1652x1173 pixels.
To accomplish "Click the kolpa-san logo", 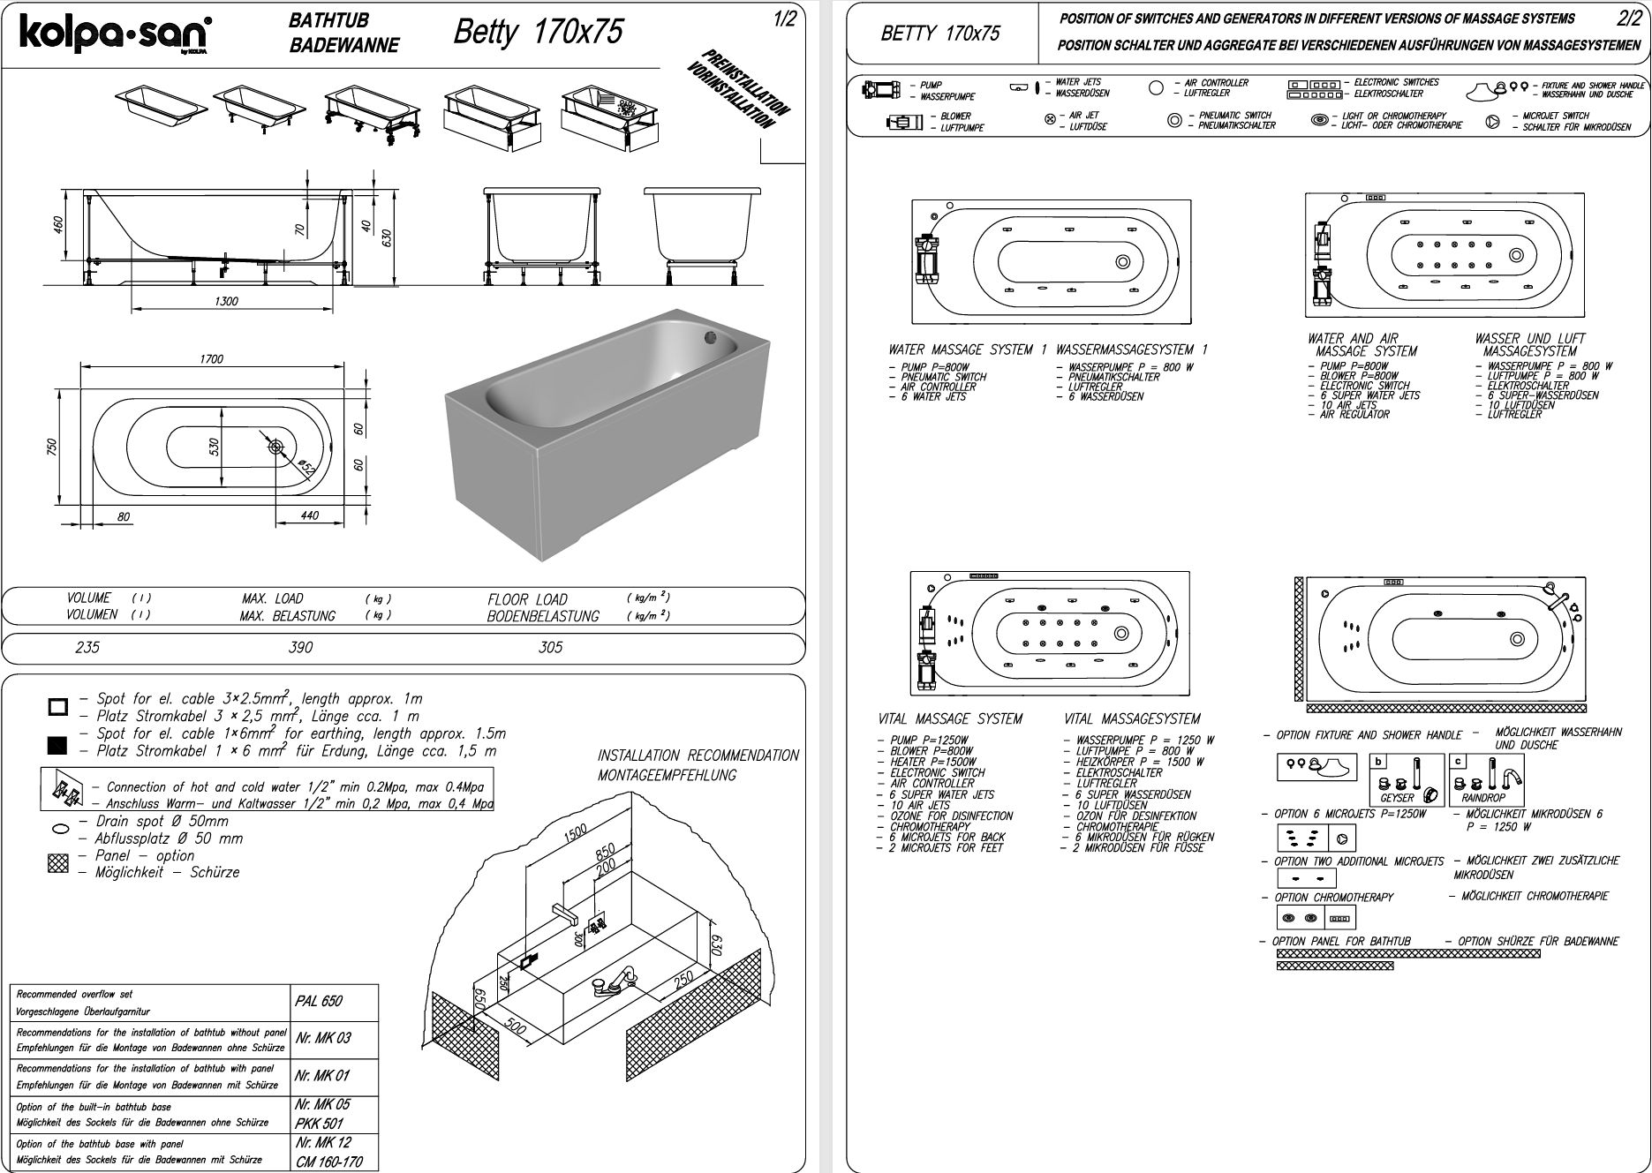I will click(x=114, y=35).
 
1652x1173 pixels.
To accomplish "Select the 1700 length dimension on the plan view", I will click(x=211, y=359).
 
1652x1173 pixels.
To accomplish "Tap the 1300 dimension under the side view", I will click(x=226, y=301).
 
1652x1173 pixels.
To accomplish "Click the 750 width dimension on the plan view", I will click(x=51, y=447).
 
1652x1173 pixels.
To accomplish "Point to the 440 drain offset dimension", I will click(x=309, y=515).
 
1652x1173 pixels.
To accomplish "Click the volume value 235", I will click(x=87, y=648).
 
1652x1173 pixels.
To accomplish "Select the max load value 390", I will click(x=300, y=648).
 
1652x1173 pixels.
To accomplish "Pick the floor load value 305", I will click(x=550, y=648).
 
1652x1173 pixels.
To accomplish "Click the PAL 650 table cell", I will click(x=318, y=1001).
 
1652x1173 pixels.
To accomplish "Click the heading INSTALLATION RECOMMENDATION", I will click(x=698, y=756).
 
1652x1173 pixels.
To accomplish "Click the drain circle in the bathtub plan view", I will click(x=276, y=447).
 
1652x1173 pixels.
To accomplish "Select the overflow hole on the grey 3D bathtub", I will click(x=712, y=335).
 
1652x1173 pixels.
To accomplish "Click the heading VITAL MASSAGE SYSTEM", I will click(x=950, y=719).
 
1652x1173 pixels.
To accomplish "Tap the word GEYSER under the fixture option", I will click(x=1397, y=798).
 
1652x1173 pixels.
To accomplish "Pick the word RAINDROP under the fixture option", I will click(x=1482, y=798).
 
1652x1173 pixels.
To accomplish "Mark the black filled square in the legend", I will click(x=57, y=746).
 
